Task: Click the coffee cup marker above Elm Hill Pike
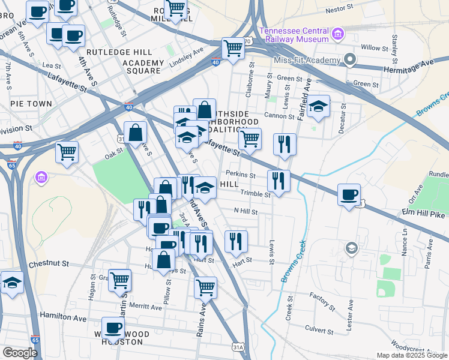349,195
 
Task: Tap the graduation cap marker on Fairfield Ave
319,106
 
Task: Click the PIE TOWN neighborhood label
31,104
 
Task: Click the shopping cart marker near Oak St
67,151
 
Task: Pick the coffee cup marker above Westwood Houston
113,328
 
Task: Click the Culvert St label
318,331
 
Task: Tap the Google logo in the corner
20,352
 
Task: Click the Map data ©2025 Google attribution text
411,355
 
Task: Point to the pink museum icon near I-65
41,178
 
